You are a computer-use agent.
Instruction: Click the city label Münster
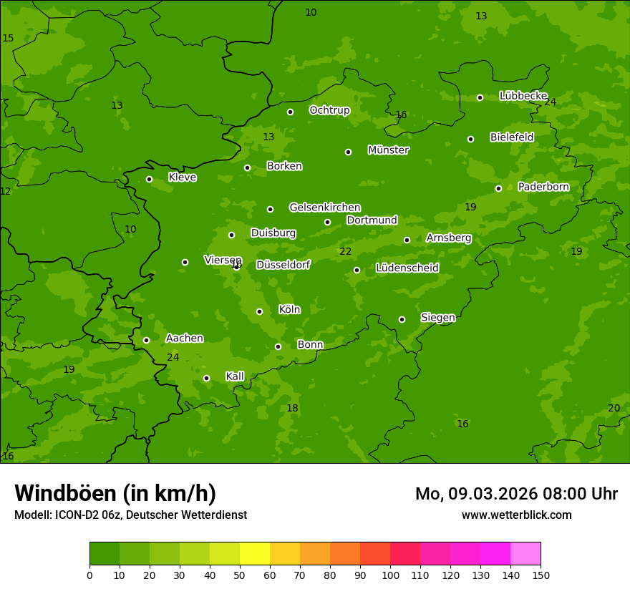[x=388, y=150]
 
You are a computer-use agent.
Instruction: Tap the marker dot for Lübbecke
[x=480, y=97]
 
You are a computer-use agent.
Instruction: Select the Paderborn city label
[x=543, y=187]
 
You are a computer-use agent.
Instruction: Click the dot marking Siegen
[x=402, y=319]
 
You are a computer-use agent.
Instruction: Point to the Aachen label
[x=184, y=338]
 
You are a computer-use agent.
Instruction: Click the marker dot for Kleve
[x=149, y=179]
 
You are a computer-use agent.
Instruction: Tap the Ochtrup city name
[x=329, y=110]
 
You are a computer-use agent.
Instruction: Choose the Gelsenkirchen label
[x=324, y=208]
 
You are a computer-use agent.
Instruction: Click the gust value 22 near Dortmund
[x=345, y=251]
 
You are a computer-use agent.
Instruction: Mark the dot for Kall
[x=206, y=378]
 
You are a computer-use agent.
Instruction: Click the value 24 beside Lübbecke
[x=550, y=102]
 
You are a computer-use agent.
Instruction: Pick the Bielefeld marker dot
[x=470, y=139]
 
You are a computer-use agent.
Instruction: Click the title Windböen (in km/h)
[x=115, y=493]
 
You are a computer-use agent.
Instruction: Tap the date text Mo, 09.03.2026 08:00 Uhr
[x=516, y=494]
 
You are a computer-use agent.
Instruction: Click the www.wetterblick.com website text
[x=516, y=515]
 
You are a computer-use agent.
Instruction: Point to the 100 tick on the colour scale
[x=390, y=575]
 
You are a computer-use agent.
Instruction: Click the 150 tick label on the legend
[x=541, y=575]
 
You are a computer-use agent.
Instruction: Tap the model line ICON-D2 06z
[x=130, y=515]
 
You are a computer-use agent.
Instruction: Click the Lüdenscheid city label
[x=407, y=268]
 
